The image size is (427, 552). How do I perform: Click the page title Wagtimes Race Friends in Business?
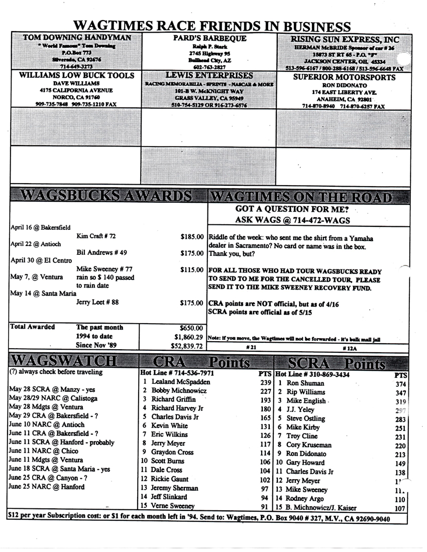211,26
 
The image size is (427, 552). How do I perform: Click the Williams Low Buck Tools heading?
76,75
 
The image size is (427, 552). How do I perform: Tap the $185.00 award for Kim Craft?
191,236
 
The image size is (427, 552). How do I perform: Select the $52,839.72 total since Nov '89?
185,346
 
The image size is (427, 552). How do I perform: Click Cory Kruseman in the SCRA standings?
309,445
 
